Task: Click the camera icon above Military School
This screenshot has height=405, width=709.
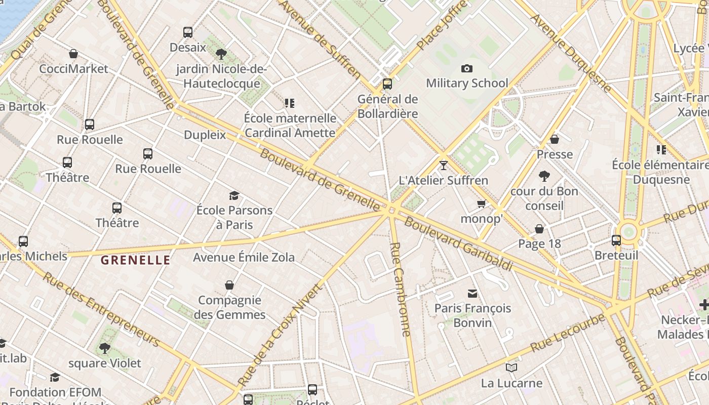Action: (x=466, y=68)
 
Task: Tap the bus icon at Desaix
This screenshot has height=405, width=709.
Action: (x=188, y=32)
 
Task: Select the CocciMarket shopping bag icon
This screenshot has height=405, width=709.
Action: (x=73, y=54)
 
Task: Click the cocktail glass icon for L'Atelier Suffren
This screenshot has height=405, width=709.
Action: (x=444, y=165)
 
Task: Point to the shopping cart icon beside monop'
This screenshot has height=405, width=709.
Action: (x=481, y=204)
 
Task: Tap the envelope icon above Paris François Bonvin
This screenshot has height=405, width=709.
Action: (x=472, y=293)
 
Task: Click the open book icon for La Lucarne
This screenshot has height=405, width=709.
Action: (x=511, y=368)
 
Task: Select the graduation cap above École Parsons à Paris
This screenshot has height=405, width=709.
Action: (x=234, y=195)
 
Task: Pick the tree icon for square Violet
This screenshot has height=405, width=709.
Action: (x=105, y=348)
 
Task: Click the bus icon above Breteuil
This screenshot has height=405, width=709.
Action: (x=616, y=240)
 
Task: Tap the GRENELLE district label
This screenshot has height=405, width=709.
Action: (x=135, y=261)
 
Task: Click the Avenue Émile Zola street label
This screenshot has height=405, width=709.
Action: (x=244, y=257)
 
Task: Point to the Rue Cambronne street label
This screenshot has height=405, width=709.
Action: (x=400, y=289)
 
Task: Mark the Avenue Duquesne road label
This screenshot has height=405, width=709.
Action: (x=571, y=53)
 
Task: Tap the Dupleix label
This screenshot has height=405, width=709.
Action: (x=205, y=135)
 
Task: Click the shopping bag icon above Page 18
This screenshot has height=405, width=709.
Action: (x=539, y=229)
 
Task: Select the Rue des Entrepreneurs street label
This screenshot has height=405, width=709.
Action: (x=101, y=310)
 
